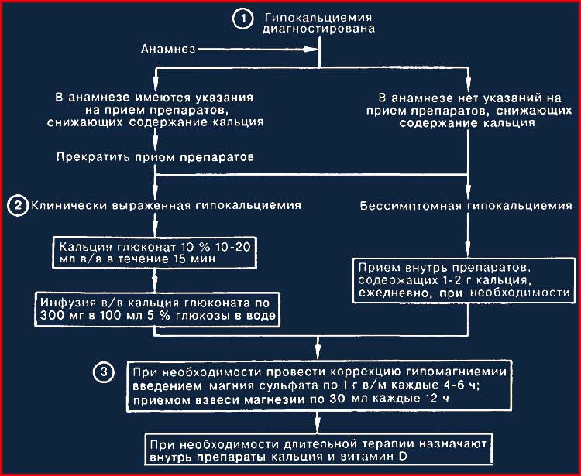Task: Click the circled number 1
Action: click(x=243, y=19)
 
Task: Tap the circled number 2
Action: click(x=17, y=205)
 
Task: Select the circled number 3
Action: click(x=103, y=372)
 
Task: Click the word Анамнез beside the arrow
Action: click(x=168, y=49)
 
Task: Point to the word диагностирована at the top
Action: click(x=318, y=29)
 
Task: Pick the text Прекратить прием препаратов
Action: click(x=155, y=157)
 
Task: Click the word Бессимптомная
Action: click(x=411, y=206)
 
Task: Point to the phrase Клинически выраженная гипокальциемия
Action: click(x=166, y=205)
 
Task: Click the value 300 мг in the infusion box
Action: click(x=60, y=315)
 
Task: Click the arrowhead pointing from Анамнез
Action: click(x=311, y=49)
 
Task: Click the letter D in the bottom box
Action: click(x=403, y=456)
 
